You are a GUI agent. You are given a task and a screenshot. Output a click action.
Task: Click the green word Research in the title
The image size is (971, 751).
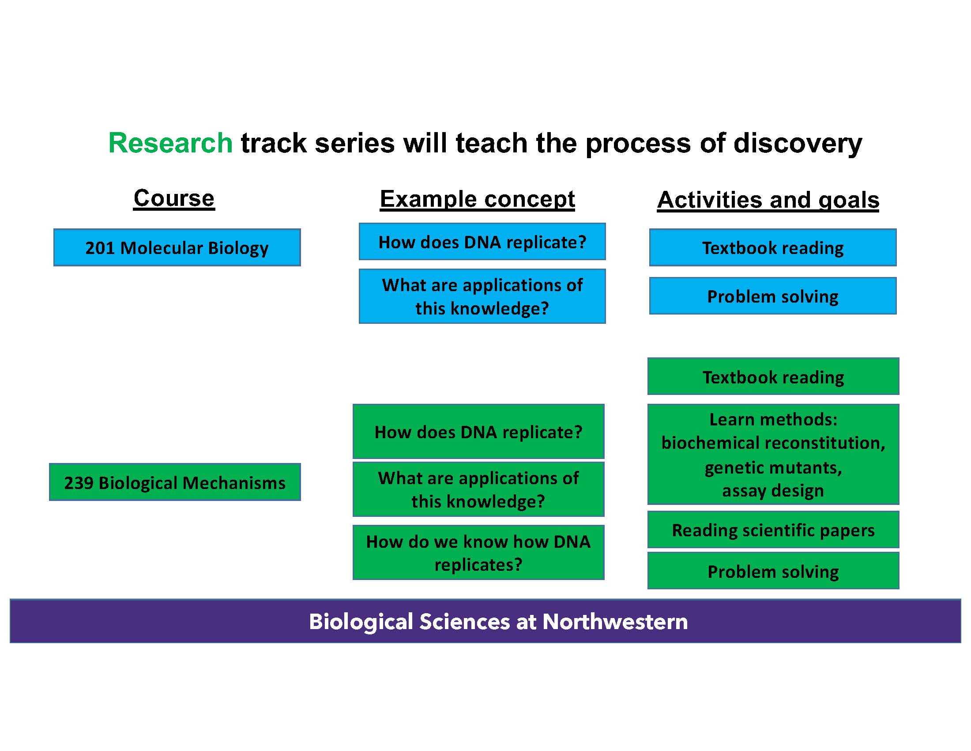(x=170, y=143)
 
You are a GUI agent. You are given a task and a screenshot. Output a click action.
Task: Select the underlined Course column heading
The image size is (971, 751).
(x=174, y=198)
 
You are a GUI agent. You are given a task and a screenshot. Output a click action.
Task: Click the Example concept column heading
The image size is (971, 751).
(x=477, y=199)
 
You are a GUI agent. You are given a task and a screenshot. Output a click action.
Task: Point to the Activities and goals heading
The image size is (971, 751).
(x=768, y=200)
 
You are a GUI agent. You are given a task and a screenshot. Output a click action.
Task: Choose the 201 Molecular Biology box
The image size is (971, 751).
(x=177, y=248)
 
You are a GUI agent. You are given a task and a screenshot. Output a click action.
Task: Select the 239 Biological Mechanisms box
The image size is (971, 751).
(x=175, y=483)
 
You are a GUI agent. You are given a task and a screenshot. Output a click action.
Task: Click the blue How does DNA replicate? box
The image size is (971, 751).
(x=482, y=242)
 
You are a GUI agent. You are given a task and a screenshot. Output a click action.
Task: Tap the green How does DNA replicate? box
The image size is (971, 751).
(x=478, y=432)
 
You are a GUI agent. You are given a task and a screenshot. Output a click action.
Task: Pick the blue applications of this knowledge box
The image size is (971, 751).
(x=482, y=296)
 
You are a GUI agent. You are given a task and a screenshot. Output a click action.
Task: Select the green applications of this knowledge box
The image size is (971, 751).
(x=478, y=489)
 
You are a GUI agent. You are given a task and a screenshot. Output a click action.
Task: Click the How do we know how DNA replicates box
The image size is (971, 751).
(x=478, y=553)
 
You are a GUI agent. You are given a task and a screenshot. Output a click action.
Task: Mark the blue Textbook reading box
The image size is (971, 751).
(x=773, y=248)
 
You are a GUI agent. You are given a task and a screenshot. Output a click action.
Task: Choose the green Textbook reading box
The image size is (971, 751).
(x=773, y=377)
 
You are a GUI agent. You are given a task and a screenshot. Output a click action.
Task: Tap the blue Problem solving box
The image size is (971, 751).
(x=773, y=296)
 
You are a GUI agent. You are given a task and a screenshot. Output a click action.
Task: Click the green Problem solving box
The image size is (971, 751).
(x=773, y=572)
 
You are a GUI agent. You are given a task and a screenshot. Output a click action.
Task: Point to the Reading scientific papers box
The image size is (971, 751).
(x=773, y=530)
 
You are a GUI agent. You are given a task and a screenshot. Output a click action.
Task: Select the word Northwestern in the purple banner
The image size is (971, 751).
(x=615, y=622)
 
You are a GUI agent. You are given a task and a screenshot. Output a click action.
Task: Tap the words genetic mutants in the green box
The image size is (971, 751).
(x=773, y=467)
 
